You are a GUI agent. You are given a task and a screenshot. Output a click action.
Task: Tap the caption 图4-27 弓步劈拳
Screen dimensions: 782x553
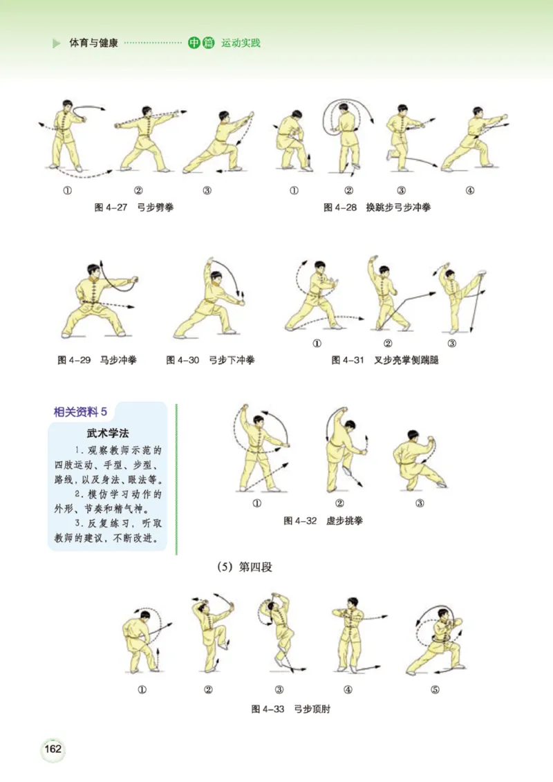[x=134, y=207]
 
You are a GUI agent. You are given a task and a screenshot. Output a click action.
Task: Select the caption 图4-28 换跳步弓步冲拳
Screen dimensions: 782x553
[x=377, y=207]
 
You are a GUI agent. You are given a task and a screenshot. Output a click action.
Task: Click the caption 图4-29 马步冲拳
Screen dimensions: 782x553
[x=97, y=360]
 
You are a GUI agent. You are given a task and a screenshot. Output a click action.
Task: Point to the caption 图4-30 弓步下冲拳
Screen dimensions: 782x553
[x=211, y=360]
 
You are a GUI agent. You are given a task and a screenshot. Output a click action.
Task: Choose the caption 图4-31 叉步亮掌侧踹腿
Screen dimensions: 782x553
[x=385, y=360]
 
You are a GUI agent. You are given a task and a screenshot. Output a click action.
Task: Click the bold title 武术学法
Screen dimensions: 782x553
[x=106, y=434]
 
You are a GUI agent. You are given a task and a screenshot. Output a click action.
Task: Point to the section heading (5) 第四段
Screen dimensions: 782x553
[x=245, y=568]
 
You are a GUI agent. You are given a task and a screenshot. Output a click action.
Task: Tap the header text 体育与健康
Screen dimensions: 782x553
[x=94, y=44]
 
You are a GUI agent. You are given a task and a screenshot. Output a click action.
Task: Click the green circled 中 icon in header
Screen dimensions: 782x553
[x=194, y=44]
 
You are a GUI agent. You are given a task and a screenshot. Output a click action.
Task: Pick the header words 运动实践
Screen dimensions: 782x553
[x=241, y=44]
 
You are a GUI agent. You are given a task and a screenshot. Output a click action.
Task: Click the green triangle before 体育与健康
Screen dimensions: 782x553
[x=57, y=44]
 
